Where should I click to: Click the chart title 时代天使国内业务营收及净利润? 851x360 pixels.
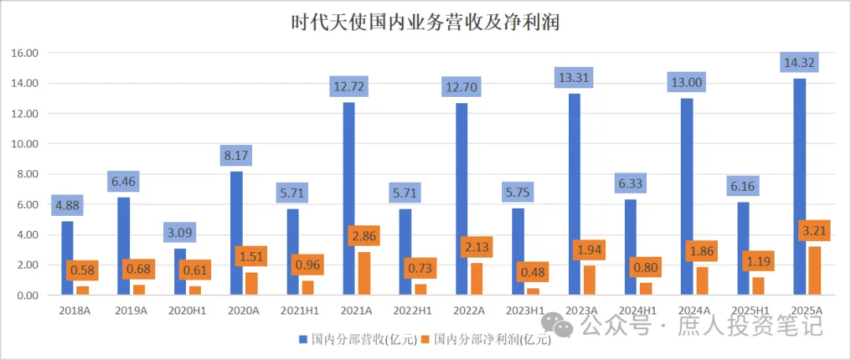click(x=425, y=22)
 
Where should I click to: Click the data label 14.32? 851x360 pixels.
click(x=798, y=62)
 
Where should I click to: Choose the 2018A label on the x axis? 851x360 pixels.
click(x=75, y=310)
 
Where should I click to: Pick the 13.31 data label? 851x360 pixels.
click(x=574, y=77)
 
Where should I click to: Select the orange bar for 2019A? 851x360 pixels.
click(x=139, y=290)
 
